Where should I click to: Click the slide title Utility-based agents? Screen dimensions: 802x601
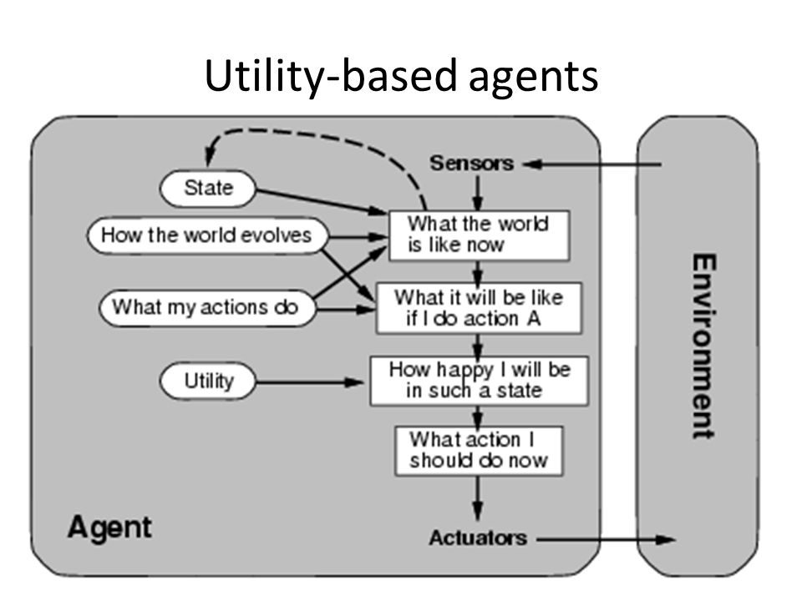pos(401,76)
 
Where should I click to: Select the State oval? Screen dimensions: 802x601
pos(208,189)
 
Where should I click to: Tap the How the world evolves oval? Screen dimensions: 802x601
pos(207,235)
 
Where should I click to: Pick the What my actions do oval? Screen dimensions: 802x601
pos(207,308)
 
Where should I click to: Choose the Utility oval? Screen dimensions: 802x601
pos(208,381)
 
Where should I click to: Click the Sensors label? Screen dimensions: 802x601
pos(471,164)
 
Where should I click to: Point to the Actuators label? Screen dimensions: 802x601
pos(478,538)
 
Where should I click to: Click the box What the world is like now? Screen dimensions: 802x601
pos(479,235)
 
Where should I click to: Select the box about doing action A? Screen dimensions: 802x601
pos(479,308)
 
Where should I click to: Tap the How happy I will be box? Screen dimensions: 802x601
pos(479,381)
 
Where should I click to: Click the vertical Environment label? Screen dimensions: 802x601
pos(703,346)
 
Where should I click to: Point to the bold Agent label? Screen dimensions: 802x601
pos(109,527)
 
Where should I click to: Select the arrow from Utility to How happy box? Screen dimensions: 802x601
pos(310,381)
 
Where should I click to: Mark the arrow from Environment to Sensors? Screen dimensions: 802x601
pos(591,164)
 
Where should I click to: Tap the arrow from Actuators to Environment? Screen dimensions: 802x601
pos(606,539)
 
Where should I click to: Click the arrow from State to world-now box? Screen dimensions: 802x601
pos(321,201)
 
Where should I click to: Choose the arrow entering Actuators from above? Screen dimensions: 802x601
pos(478,498)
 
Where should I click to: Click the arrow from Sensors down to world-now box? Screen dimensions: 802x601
pos(477,193)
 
